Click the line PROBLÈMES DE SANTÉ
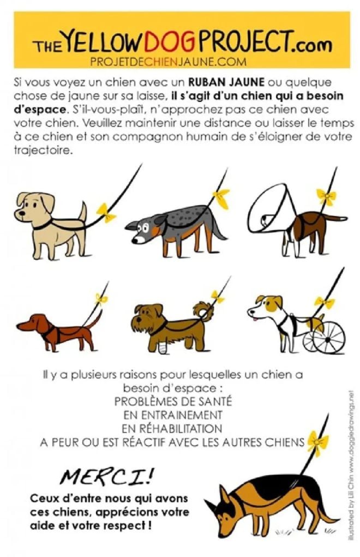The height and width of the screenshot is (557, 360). (x=173, y=401)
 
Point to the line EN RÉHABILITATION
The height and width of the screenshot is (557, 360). (x=173, y=428)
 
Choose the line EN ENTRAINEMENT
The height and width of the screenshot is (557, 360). (x=173, y=415)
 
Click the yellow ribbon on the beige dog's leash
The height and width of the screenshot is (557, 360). (x=106, y=212)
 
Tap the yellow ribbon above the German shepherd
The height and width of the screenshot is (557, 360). (x=315, y=440)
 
